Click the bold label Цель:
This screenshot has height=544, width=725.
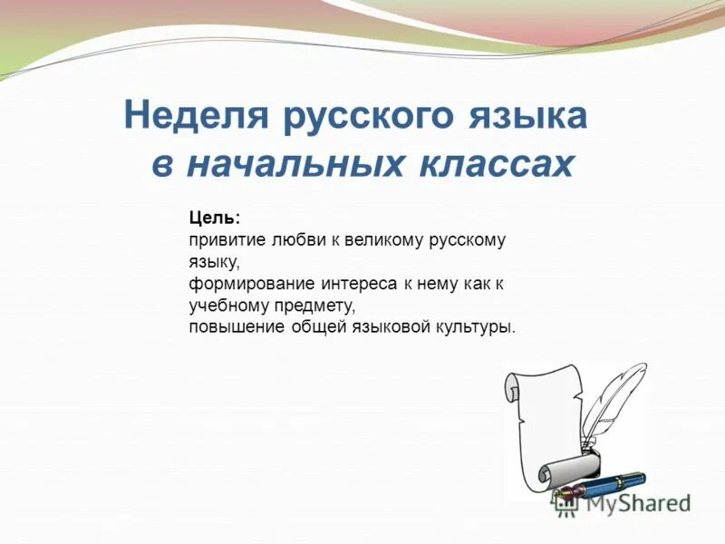point(215,218)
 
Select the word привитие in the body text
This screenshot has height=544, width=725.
point(222,240)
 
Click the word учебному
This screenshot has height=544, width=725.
point(227,306)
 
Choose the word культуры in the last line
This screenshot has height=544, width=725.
point(476,326)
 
